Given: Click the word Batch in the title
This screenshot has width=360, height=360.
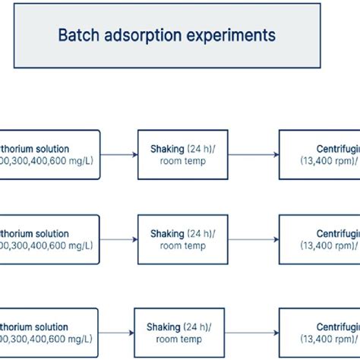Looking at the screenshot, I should pos(77,35).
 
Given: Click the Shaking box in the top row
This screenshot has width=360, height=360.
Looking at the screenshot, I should pos(182,154).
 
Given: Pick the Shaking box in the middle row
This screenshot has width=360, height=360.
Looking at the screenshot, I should pos(182,239).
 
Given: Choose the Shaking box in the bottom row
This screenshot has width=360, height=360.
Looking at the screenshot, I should pos(179,332).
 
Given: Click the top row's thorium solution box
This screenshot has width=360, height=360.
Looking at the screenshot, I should pos(49,154).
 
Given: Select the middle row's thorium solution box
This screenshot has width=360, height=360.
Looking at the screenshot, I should pos(49,239).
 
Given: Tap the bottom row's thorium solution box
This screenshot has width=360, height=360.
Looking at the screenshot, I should pos(49,332).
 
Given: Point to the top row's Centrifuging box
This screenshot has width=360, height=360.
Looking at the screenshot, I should pos(319,154).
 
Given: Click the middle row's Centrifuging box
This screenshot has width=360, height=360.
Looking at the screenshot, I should pos(319,239).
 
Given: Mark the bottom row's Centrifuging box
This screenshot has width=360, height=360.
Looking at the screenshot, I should pos(319,332).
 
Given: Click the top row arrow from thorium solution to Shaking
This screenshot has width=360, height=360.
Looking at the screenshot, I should pos(118,155).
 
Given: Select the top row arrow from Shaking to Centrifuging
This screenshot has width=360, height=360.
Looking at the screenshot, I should pos(253,155).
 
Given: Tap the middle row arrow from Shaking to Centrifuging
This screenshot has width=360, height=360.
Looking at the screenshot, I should pos(253,240).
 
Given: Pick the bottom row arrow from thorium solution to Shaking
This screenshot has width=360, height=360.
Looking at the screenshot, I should pos(116,333).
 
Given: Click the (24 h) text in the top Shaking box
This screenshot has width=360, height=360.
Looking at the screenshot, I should pos(201,149).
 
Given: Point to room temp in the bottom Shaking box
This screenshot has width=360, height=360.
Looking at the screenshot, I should pos(179,339).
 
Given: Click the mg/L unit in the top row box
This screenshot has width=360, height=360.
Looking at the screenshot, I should pos(80,161).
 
